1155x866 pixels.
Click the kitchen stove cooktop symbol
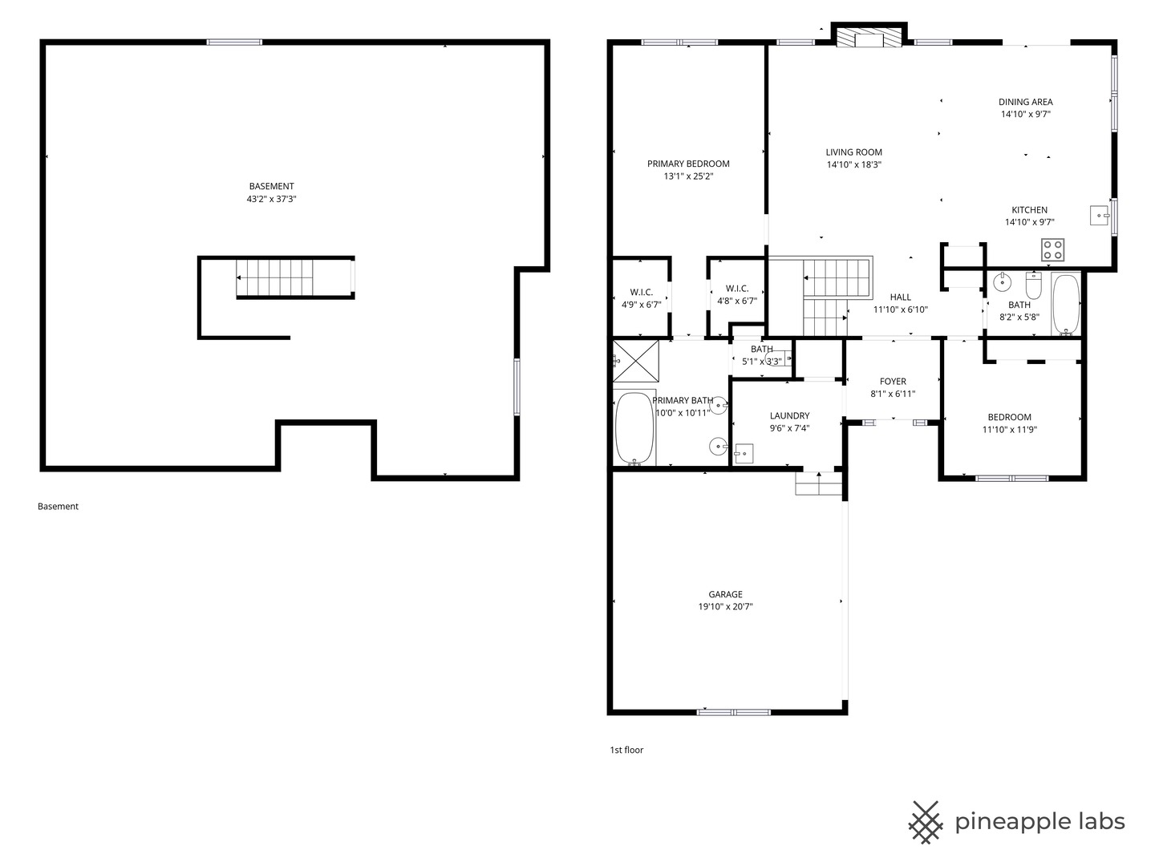[x=1053, y=249]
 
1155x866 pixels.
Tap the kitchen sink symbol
[x=1099, y=216]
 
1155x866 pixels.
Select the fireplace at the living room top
[x=869, y=38]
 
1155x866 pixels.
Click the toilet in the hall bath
[x=1033, y=285]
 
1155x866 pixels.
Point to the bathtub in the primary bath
[x=634, y=429]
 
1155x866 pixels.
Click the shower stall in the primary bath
[x=636, y=361]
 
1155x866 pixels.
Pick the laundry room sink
[x=744, y=453]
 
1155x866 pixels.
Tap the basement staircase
[x=274, y=277]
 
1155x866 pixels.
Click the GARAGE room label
[x=725, y=594]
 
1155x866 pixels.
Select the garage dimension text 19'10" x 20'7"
[x=725, y=607]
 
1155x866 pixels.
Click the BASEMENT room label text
[x=272, y=186]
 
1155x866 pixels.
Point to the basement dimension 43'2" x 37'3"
[x=272, y=199]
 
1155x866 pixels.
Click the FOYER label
[x=893, y=381]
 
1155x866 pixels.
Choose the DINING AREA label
[x=1026, y=102]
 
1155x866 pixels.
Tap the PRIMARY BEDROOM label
[x=688, y=164]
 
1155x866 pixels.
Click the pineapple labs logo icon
[x=926, y=823]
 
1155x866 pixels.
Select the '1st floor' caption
[x=626, y=750]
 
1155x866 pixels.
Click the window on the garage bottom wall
[x=734, y=713]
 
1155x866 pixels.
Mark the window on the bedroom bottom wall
[x=1011, y=479]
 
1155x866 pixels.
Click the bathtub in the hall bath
[x=1066, y=304]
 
